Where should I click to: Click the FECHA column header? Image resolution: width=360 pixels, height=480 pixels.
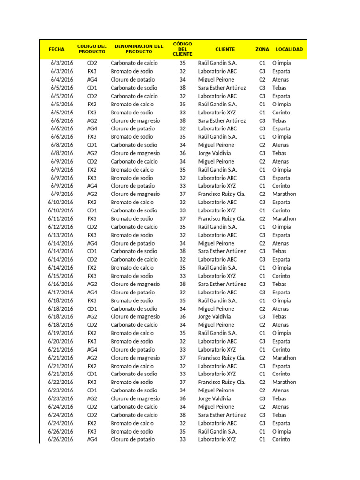pyautogui.click(x=56, y=49)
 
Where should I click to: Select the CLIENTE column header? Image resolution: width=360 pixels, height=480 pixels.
pyautogui.click(x=225, y=49)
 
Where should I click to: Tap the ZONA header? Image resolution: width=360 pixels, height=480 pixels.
pyautogui.click(x=262, y=49)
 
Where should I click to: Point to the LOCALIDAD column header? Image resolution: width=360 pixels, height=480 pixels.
pyautogui.click(x=289, y=49)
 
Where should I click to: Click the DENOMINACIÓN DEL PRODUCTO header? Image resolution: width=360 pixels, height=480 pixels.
pyautogui.click(x=139, y=49)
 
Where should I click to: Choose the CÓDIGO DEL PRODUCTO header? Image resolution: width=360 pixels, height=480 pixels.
pyautogui.click(x=92, y=49)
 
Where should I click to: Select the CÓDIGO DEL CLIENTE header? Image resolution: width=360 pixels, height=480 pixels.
pyautogui.click(x=182, y=49)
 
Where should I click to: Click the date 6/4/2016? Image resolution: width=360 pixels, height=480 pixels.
pyautogui.click(x=62, y=80)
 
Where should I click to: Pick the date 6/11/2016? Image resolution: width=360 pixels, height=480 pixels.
pyautogui.click(x=60, y=218)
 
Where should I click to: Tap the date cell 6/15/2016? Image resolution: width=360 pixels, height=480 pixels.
pyautogui.click(x=60, y=276)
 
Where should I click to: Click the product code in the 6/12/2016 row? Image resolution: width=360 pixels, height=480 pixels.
pyautogui.click(x=92, y=227)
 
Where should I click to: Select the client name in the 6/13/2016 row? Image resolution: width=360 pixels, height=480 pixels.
pyautogui.click(x=217, y=235)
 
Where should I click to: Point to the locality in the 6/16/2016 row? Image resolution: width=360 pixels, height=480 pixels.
pyautogui.click(x=279, y=284)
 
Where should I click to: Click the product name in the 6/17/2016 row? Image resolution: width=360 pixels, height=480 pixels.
pyautogui.click(x=133, y=292)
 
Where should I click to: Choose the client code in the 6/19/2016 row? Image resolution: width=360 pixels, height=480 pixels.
pyautogui.click(x=182, y=333)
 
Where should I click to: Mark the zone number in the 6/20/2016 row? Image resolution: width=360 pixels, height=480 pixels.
pyautogui.click(x=262, y=341)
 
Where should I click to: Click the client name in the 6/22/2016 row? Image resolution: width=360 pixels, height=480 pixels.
pyautogui.click(x=222, y=382)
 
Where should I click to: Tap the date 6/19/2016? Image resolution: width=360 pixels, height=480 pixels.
pyautogui.click(x=60, y=333)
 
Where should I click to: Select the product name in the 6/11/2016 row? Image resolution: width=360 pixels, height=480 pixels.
pyautogui.click(x=132, y=218)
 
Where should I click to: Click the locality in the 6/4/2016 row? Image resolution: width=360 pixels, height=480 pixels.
pyautogui.click(x=280, y=80)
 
